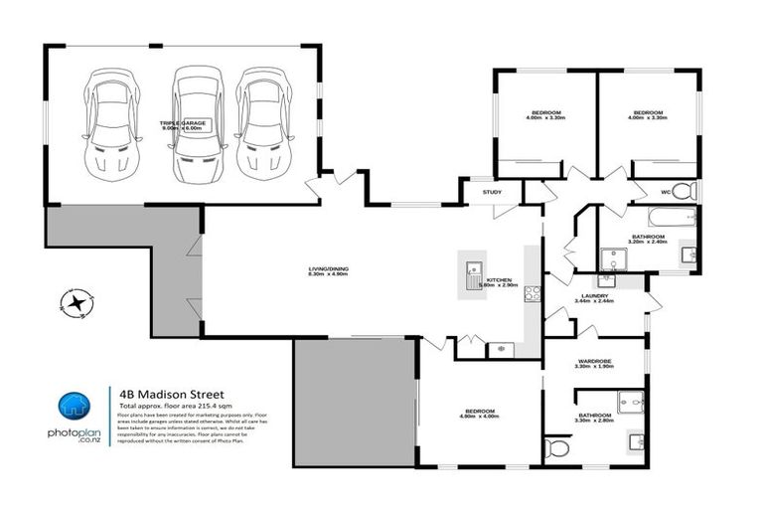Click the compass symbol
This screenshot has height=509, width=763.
click(75, 302)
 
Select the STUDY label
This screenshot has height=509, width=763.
click(492, 192)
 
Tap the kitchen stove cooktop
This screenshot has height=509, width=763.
click(532, 292)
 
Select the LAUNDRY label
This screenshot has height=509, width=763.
click(595, 295)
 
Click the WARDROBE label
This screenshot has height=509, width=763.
click(595, 362)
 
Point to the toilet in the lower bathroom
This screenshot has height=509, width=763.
click(556, 449)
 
